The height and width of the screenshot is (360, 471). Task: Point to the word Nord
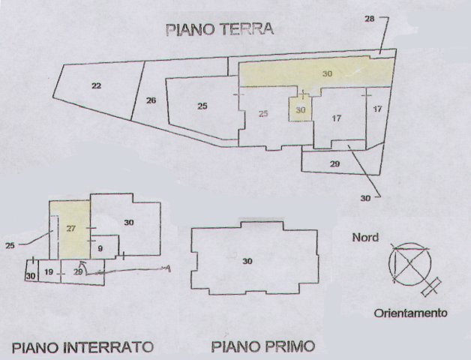[x=365, y=238]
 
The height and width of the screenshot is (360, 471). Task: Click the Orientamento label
[x=411, y=313]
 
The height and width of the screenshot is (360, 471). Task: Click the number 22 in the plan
[x=96, y=86]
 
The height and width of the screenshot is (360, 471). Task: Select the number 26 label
[x=151, y=100]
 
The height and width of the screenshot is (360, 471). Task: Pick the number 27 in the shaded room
[x=72, y=228]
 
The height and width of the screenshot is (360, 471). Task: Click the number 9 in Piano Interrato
[x=100, y=248]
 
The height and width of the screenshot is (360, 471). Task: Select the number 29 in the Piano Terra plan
[x=334, y=163]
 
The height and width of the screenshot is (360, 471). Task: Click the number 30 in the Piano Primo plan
[x=247, y=261]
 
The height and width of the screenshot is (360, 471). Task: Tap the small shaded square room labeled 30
[x=300, y=109]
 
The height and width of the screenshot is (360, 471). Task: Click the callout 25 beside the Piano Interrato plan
[x=10, y=244]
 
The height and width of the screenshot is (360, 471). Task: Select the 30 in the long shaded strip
[x=327, y=73]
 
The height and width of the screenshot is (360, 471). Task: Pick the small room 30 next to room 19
[x=30, y=276]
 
